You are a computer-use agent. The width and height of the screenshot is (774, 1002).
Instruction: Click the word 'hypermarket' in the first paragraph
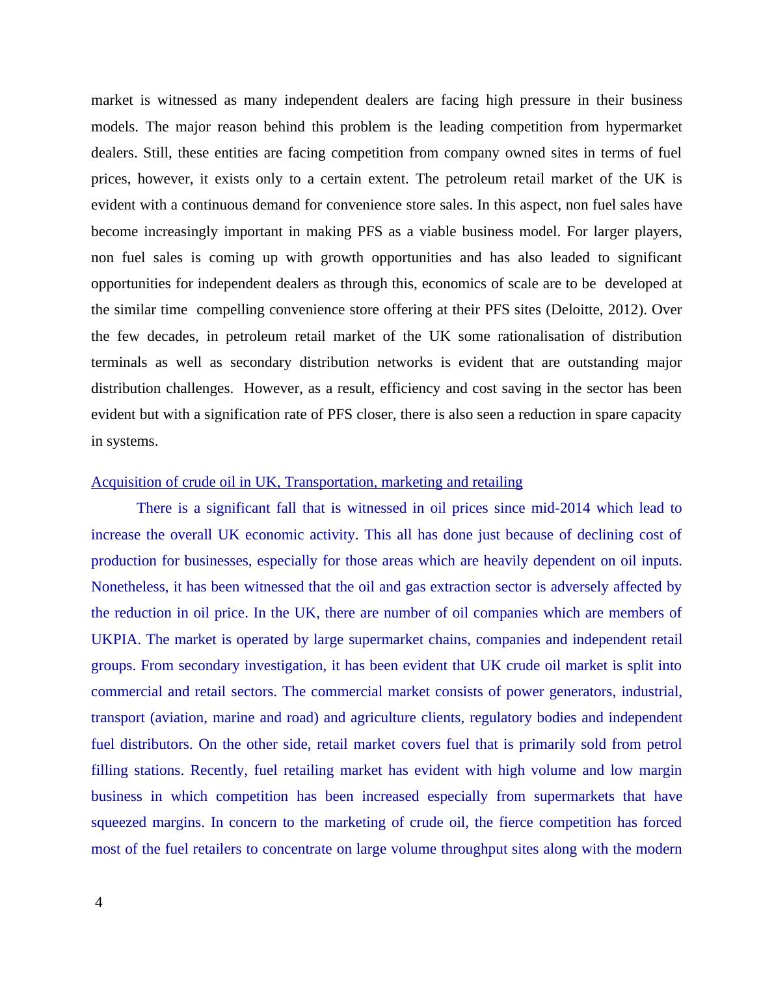pos(643,127)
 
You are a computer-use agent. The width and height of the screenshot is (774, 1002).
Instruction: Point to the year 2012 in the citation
pos(624,310)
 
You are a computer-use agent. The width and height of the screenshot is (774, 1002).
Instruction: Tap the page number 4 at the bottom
pos(99,902)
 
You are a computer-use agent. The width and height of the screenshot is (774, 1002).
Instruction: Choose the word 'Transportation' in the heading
pos(330,482)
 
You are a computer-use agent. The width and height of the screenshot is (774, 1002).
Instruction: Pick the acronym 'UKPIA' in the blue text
pos(115,640)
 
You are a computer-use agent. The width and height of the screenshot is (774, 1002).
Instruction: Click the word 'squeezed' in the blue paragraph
pos(118,822)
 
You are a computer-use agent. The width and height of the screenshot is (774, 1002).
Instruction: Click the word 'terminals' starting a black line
pos(119,362)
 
